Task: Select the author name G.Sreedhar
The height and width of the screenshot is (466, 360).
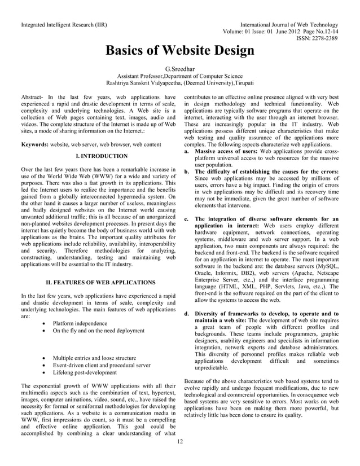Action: [x=179, y=69]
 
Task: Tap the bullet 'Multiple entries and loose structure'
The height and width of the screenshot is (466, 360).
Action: [x=94, y=358]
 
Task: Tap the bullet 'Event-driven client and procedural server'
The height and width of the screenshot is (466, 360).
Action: [x=101, y=366]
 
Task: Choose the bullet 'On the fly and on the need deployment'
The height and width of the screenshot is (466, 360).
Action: [x=98, y=331]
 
